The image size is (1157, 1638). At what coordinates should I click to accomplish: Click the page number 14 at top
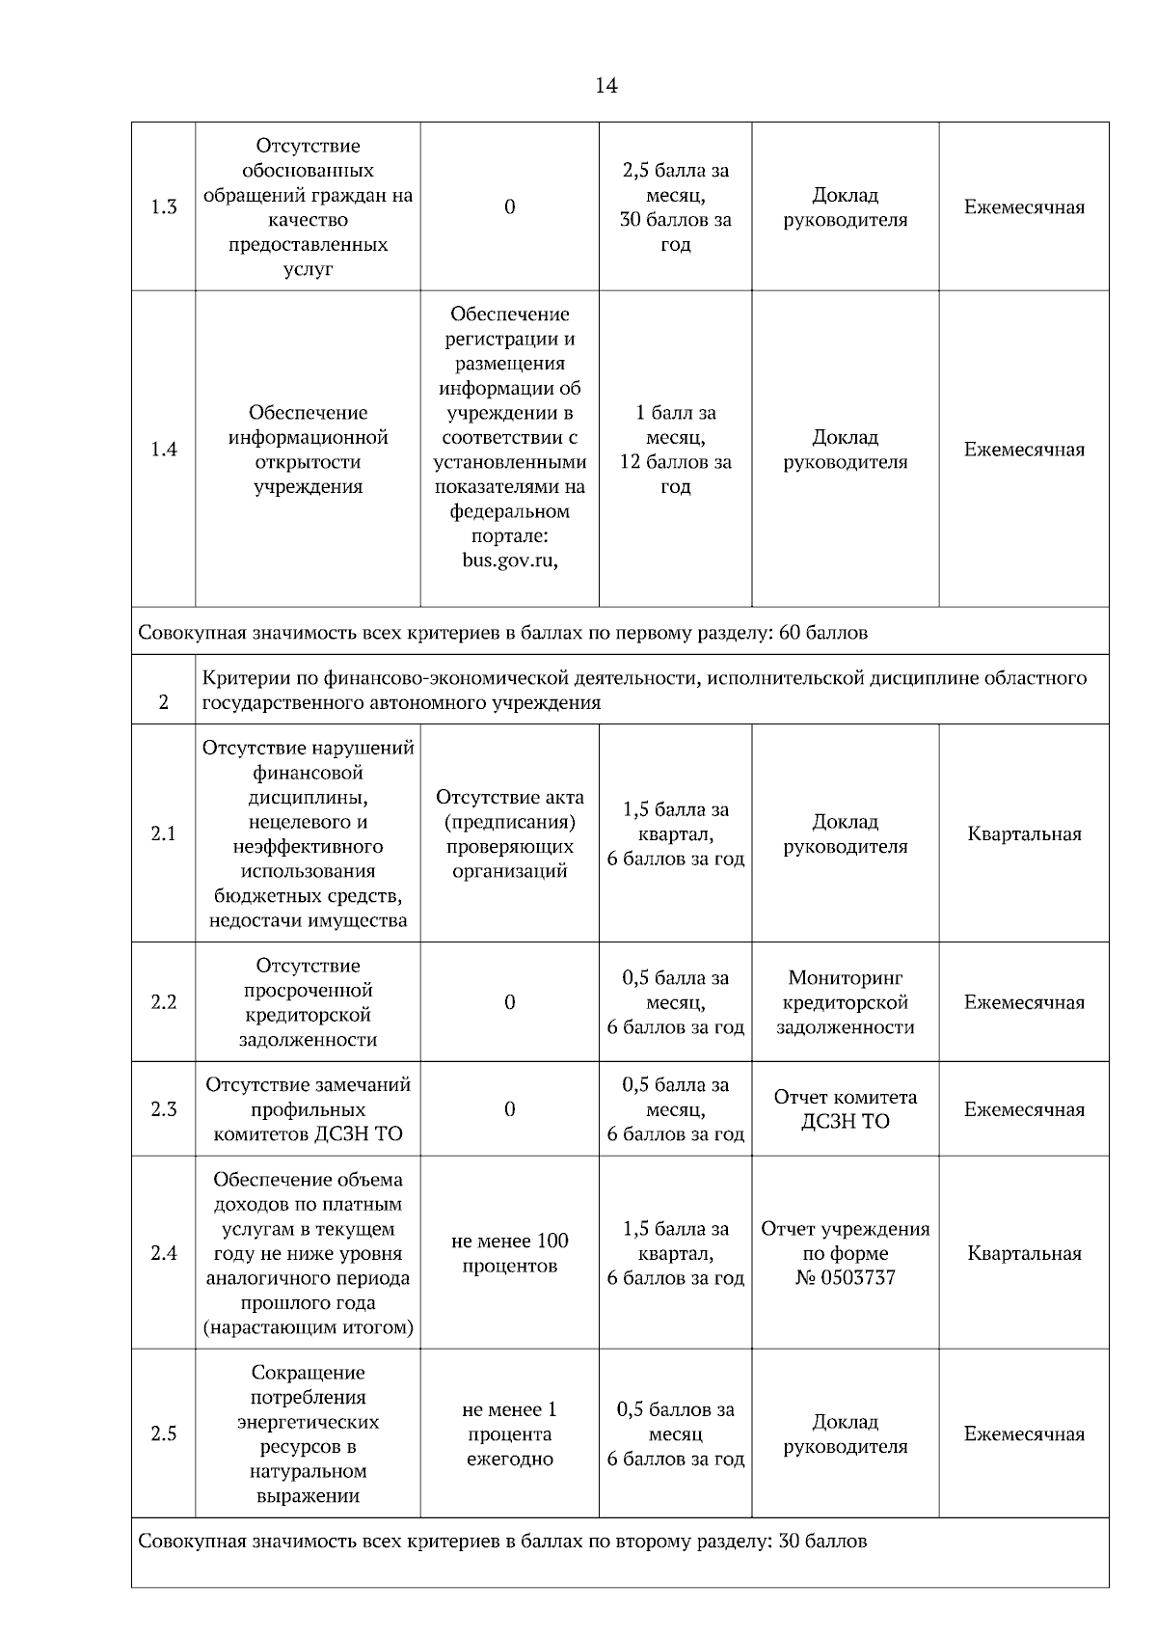(x=605, y=86)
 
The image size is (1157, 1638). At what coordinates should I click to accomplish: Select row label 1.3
(x=164, y=207)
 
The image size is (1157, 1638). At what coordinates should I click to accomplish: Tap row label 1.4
(x=164, y=450)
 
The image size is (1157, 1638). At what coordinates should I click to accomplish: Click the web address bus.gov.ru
(x=509, y=560)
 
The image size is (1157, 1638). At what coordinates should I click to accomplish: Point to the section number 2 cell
(x=164, y=702)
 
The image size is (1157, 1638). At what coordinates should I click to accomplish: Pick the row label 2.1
(x=164, y=833)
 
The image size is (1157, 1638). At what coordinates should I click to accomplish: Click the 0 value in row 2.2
(x=509, y=1002)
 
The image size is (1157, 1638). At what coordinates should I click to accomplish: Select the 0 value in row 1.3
(x=509, y=207)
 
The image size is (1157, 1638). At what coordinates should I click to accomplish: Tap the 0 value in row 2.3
(x=509, y=1109)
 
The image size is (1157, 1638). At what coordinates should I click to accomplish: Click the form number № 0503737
(x=846, y=1278)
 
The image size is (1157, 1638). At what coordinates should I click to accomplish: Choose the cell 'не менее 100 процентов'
(x=509, y=1253)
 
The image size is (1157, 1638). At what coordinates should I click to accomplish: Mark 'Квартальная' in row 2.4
(x=1024, y=1253)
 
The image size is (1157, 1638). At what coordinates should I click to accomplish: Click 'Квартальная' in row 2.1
(x=1024, y=833)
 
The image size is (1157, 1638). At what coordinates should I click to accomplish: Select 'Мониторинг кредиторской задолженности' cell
(x=846, y=1002)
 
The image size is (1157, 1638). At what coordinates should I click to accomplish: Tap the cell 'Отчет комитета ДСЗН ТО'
(x=846, y=1109)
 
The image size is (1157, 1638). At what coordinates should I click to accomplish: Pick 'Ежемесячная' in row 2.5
(x=1024, y=1434)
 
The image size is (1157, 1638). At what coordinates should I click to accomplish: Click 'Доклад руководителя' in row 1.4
(x=846, y=450)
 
